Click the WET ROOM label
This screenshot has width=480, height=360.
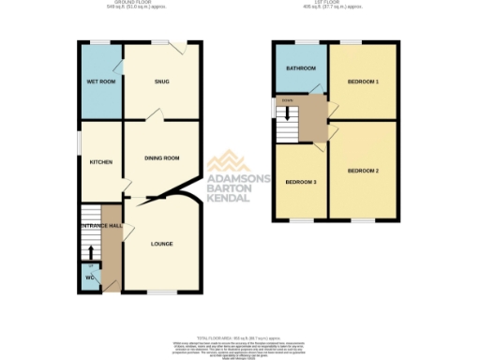click(x=100, y=82)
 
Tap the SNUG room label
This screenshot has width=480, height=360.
click(x=162, y=82)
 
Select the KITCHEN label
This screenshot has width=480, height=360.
click(x=100, y=162)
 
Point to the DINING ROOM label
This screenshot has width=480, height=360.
click(x=161, y=158)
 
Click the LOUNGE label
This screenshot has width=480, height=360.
click(x=161, y=244)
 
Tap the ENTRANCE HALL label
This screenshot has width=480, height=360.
click(x=101, y=227)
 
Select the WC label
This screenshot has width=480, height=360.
click(x=90, y=277)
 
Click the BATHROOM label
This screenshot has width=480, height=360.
click(x=300, y=68)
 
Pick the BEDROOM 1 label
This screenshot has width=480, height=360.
click(x=363, y=82)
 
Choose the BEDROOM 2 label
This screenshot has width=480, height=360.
click(x=363, y=171)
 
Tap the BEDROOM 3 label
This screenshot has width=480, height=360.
click(x=300, y=181)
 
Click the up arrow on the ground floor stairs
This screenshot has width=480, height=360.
click(x=90, y=251)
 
